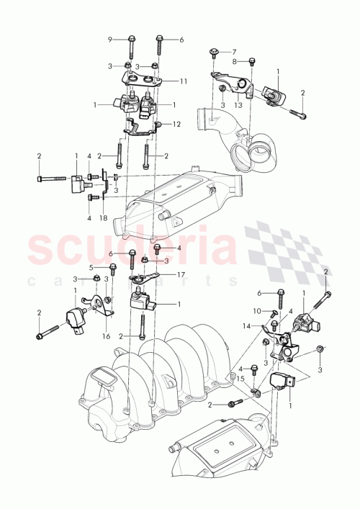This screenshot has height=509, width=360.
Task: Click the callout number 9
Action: [110, 39]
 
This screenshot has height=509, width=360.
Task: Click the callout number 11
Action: [184, 81]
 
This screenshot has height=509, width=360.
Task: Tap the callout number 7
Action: [233, 52]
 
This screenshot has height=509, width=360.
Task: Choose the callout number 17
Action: [181, 274]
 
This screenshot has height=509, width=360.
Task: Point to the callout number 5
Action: [91, 267]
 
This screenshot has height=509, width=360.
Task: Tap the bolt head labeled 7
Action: [215, 51]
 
